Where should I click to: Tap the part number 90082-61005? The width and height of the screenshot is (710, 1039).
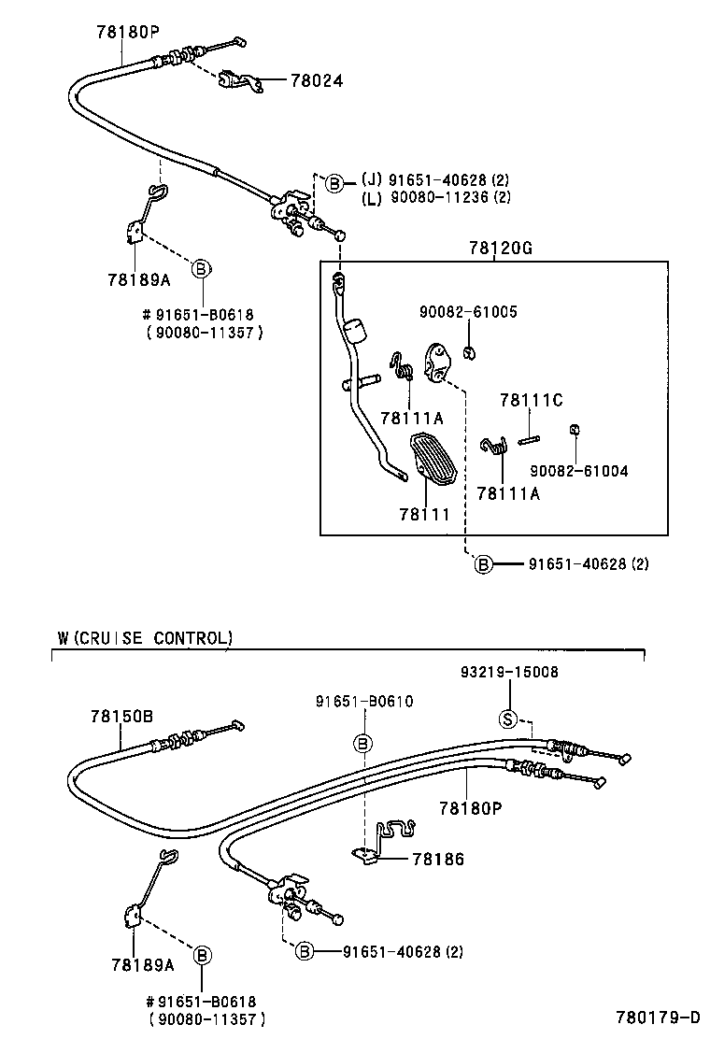(x=466, y=312)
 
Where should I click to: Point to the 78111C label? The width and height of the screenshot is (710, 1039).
(x=531, y=400)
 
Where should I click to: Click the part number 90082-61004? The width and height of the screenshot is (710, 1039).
(x=578, y=471)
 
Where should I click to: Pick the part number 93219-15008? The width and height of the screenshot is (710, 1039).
(x=509, y=672)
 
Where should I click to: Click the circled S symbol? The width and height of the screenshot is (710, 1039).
(x=509, y=719)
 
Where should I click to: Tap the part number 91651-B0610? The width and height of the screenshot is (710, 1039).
(x=363, y=702)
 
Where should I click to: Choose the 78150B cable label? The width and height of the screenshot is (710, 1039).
(x=121, y=717)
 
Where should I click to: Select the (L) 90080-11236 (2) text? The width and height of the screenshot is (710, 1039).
(x=436, y=197)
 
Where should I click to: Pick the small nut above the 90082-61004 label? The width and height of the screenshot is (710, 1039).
(x=575, y=430)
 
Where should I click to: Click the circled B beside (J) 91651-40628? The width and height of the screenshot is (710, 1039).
(x=334, y=183)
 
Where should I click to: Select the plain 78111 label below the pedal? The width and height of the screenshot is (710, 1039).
(x=424, y=514)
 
